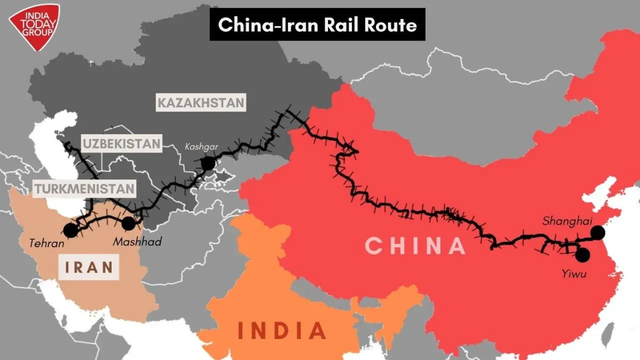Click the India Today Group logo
click(x=33, y=26)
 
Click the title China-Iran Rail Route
click(x=317, y=24)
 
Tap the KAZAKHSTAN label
click(x=201, y=103)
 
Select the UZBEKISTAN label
click(x=122, y=144)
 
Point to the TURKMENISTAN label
click(x=84, y=188)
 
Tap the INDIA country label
click(x=282, y=330)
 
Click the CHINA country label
click(x=415, y=245)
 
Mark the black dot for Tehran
click(x=70, y=230)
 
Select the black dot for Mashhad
click(x=128, y=223)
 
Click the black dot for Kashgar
click(x=207, y=163)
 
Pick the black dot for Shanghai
click(x=597, y=232)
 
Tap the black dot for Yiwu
click(x=582, y=255)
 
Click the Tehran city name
click(x=46, y=244)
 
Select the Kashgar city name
click(x=201, y=147)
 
